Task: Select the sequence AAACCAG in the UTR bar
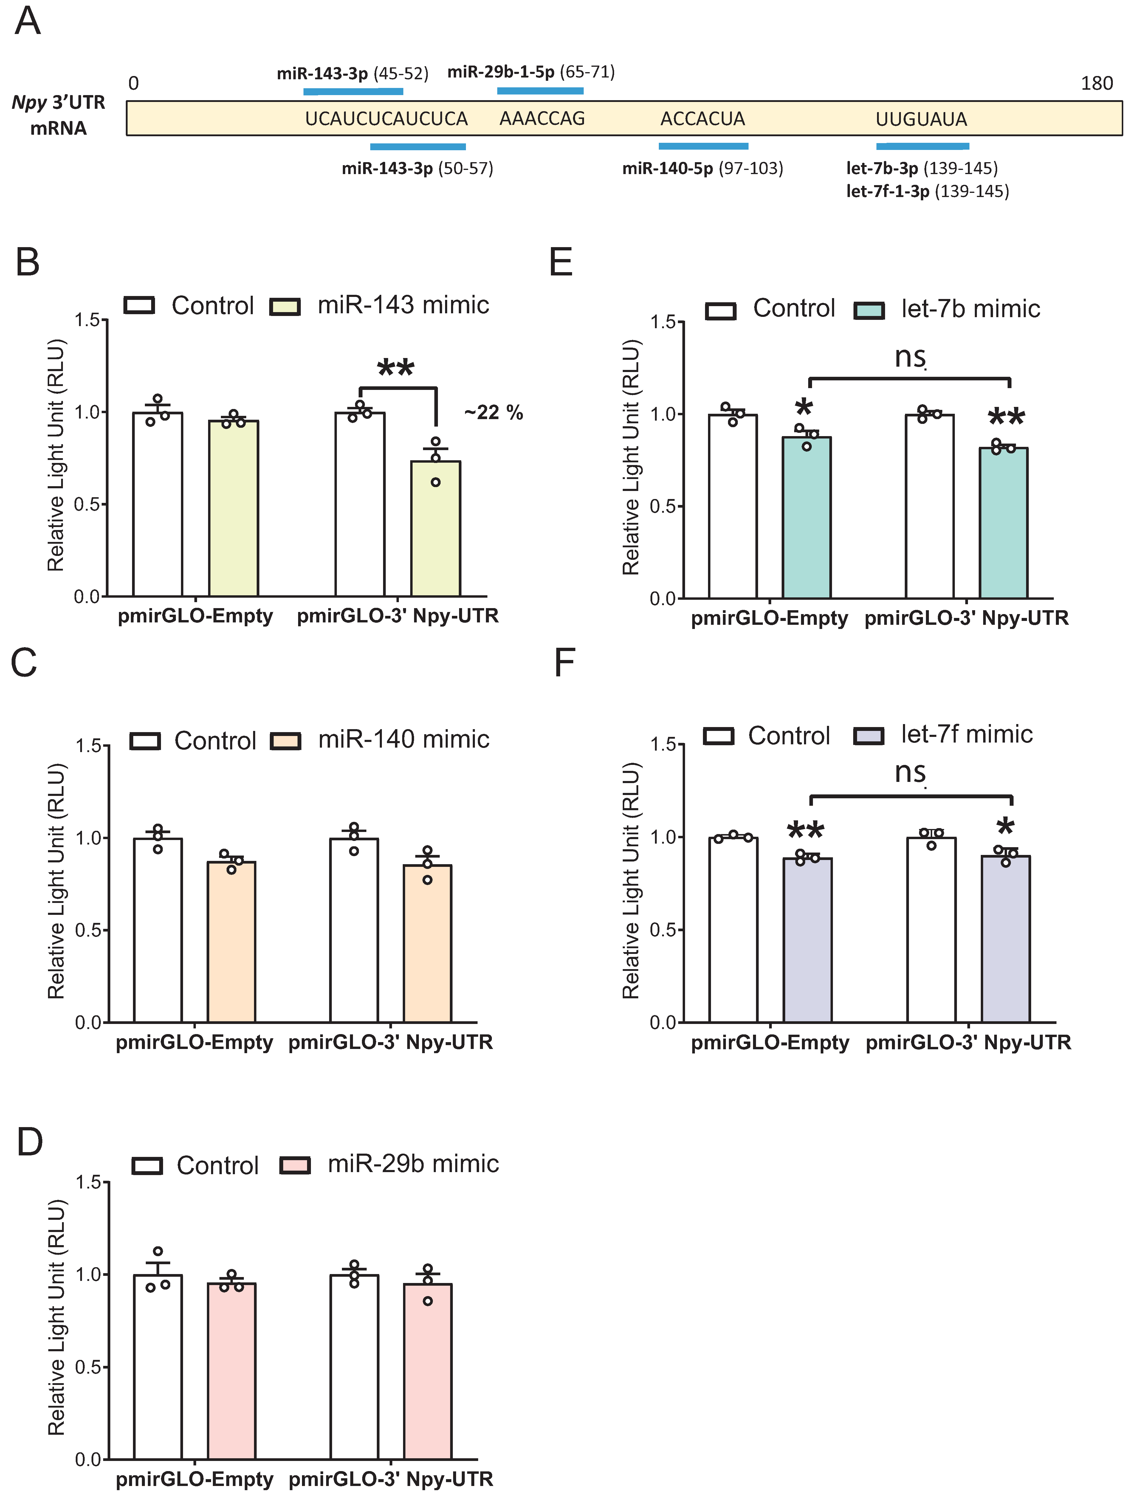coord(542,119)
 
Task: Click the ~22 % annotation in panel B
coord(493,412)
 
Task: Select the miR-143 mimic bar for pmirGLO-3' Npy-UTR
coord(436,529)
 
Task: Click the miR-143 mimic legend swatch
coord(285,306)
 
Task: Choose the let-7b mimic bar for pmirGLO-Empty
coord(806,519)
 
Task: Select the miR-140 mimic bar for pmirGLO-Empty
coord(231,943)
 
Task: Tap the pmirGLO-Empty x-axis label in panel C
coord(194,1042)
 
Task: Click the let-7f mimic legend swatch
coord(868,736)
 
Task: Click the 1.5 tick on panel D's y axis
coord(88,1183)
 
